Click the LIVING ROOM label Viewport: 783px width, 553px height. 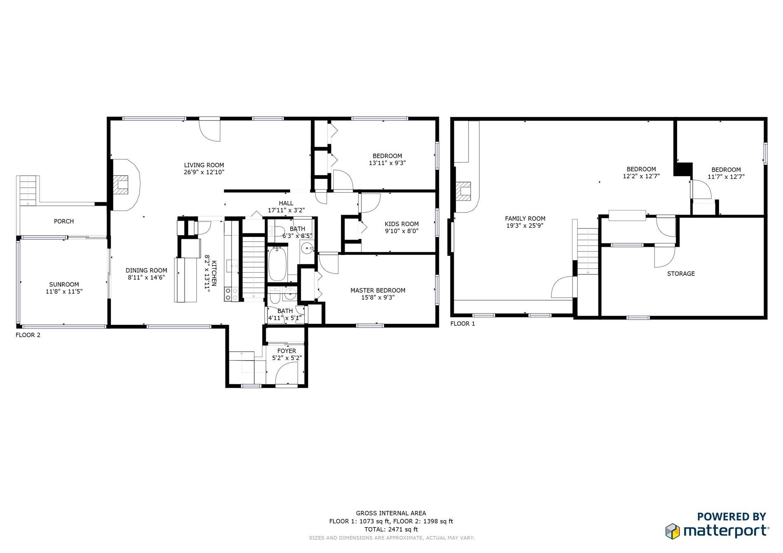[x=204, y=165]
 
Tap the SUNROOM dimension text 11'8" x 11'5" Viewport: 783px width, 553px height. [x=64, y=292]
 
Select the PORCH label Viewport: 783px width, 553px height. [x=64, y=222]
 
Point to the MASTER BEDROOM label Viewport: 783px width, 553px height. [x=378, y=290]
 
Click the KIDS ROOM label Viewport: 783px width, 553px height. [x=402, y=224]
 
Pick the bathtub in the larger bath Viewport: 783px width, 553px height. [x=277, y=264]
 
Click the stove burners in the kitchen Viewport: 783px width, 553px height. [x=231, y=294]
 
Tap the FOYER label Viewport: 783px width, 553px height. [x=287, y=351]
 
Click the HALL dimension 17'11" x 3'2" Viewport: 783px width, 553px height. [x=286, y=210]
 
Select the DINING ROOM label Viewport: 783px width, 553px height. [x=146, y=271]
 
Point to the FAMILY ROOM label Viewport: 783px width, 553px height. [x=525, y=219]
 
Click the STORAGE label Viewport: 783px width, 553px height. [x=681, y=274]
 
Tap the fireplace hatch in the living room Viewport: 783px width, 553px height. [x=121, y=184]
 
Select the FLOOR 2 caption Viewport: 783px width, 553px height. [x=28, y=335]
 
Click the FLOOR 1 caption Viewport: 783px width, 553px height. [x=463, y=324]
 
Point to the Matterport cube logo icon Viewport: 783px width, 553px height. [x=673, y=531]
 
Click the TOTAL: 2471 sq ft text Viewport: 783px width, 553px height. [x=391, y=530]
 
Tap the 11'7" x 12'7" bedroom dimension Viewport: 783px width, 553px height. [x=726, y=177]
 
